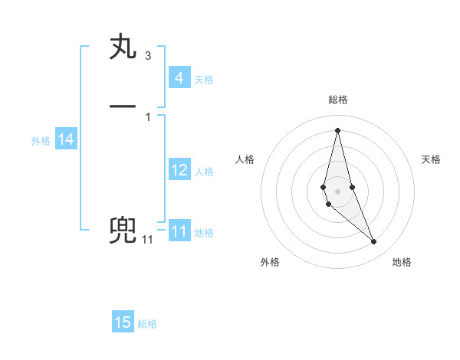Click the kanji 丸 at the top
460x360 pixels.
123,47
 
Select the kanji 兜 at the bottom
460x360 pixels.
123,230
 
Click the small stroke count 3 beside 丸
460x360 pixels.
147,56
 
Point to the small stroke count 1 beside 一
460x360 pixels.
147,116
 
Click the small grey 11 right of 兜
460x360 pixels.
147,240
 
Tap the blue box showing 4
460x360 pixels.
179,78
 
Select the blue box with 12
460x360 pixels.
179,170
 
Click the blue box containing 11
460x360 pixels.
179,231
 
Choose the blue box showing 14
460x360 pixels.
66,139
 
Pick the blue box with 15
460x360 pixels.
123,322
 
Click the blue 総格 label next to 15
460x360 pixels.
147,324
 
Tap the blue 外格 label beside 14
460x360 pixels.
41,141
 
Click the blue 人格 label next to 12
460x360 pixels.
204,172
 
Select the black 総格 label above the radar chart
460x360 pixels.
337,100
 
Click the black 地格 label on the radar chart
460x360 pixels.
402,262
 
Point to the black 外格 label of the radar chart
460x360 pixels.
270,262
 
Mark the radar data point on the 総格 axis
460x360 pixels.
337,129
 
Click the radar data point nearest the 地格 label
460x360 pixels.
373,242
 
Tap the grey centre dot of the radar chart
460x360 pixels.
337,191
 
